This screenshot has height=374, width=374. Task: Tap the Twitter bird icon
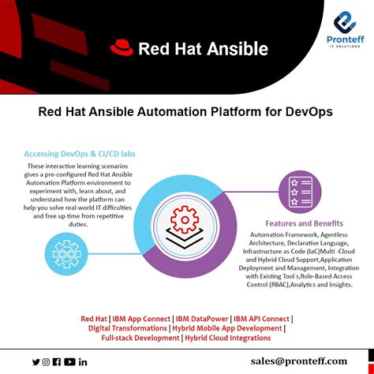coord(36,361)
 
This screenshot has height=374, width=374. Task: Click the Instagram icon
coord(46,361)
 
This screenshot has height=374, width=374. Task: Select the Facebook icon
coord(57,361)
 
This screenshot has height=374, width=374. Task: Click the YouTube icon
coord(69,361)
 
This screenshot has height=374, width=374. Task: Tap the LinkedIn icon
coord(83,361)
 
